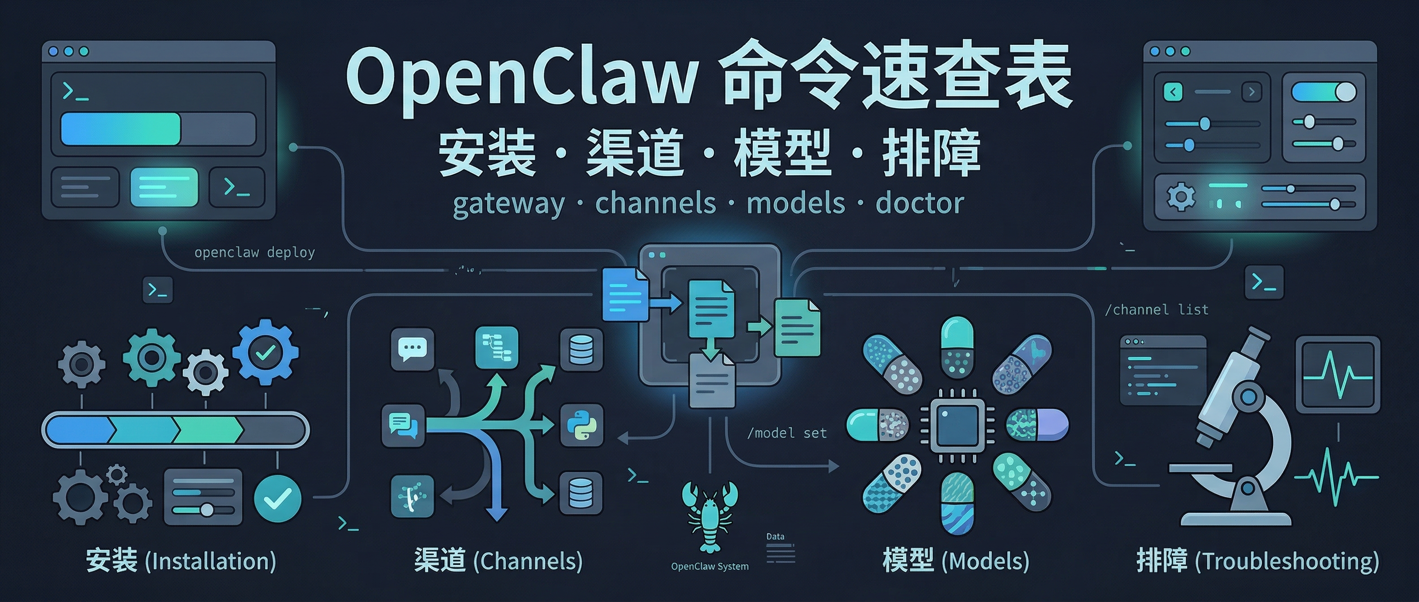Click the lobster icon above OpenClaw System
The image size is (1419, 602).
pos(709,515)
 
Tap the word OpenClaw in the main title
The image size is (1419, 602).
pos(521,77)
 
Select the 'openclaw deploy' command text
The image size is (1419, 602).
pos(254,252)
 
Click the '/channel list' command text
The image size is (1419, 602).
pos(1157,310)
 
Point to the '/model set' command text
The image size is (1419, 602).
pos(787,433)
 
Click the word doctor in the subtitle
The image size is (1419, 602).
pos(920,203)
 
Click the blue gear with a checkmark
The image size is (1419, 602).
pos(266,353)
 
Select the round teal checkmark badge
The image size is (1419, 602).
pos(278,499)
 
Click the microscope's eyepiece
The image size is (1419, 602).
pos(1258,337)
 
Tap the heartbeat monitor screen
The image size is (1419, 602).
pos(1337,374)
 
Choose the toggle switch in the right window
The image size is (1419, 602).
pos(1323,92)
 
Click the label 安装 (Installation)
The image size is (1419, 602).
pos(181,561)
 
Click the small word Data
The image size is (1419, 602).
pos(775,536)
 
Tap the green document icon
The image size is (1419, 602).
pos(797,328)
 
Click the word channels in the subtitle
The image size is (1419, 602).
pos(655,203)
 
